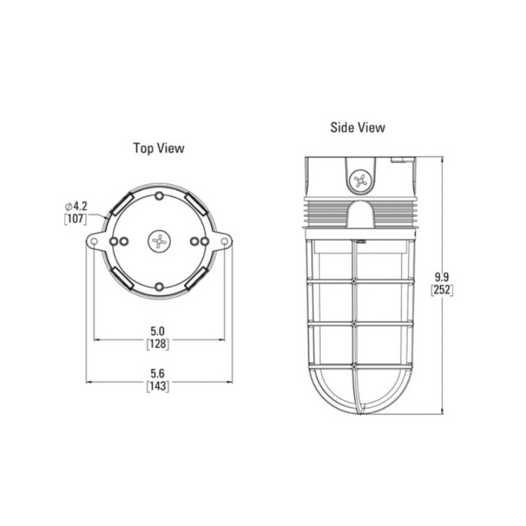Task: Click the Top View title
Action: coord(159,148)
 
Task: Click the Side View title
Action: coord(358,128)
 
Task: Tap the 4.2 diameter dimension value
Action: coord(79,206)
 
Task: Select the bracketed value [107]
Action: coord(75,219)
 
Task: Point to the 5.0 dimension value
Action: coord(158,331)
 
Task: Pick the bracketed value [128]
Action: coord(158,344)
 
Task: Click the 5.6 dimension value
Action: coord(158,373)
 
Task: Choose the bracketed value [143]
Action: coord(158,386)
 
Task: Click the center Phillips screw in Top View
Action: coord(159,240)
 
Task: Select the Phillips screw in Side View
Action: coord(360,180)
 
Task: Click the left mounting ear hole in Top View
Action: coord(95,240)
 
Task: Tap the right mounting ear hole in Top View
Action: coord(224,240)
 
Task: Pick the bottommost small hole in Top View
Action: coord(159,286)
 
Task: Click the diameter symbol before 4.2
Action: coord(68,206)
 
